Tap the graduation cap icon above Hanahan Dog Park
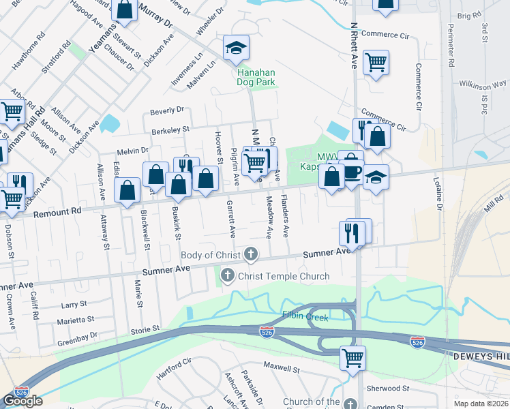point(236,48)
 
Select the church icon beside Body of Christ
point(251,256)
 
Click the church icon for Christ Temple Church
point(226,276)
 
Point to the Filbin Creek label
point(305,317)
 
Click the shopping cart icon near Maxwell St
point(352,357)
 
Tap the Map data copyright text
point(481,404)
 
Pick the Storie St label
point(145,329)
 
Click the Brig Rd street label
point(469,15)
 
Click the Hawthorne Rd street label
point(28,48)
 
